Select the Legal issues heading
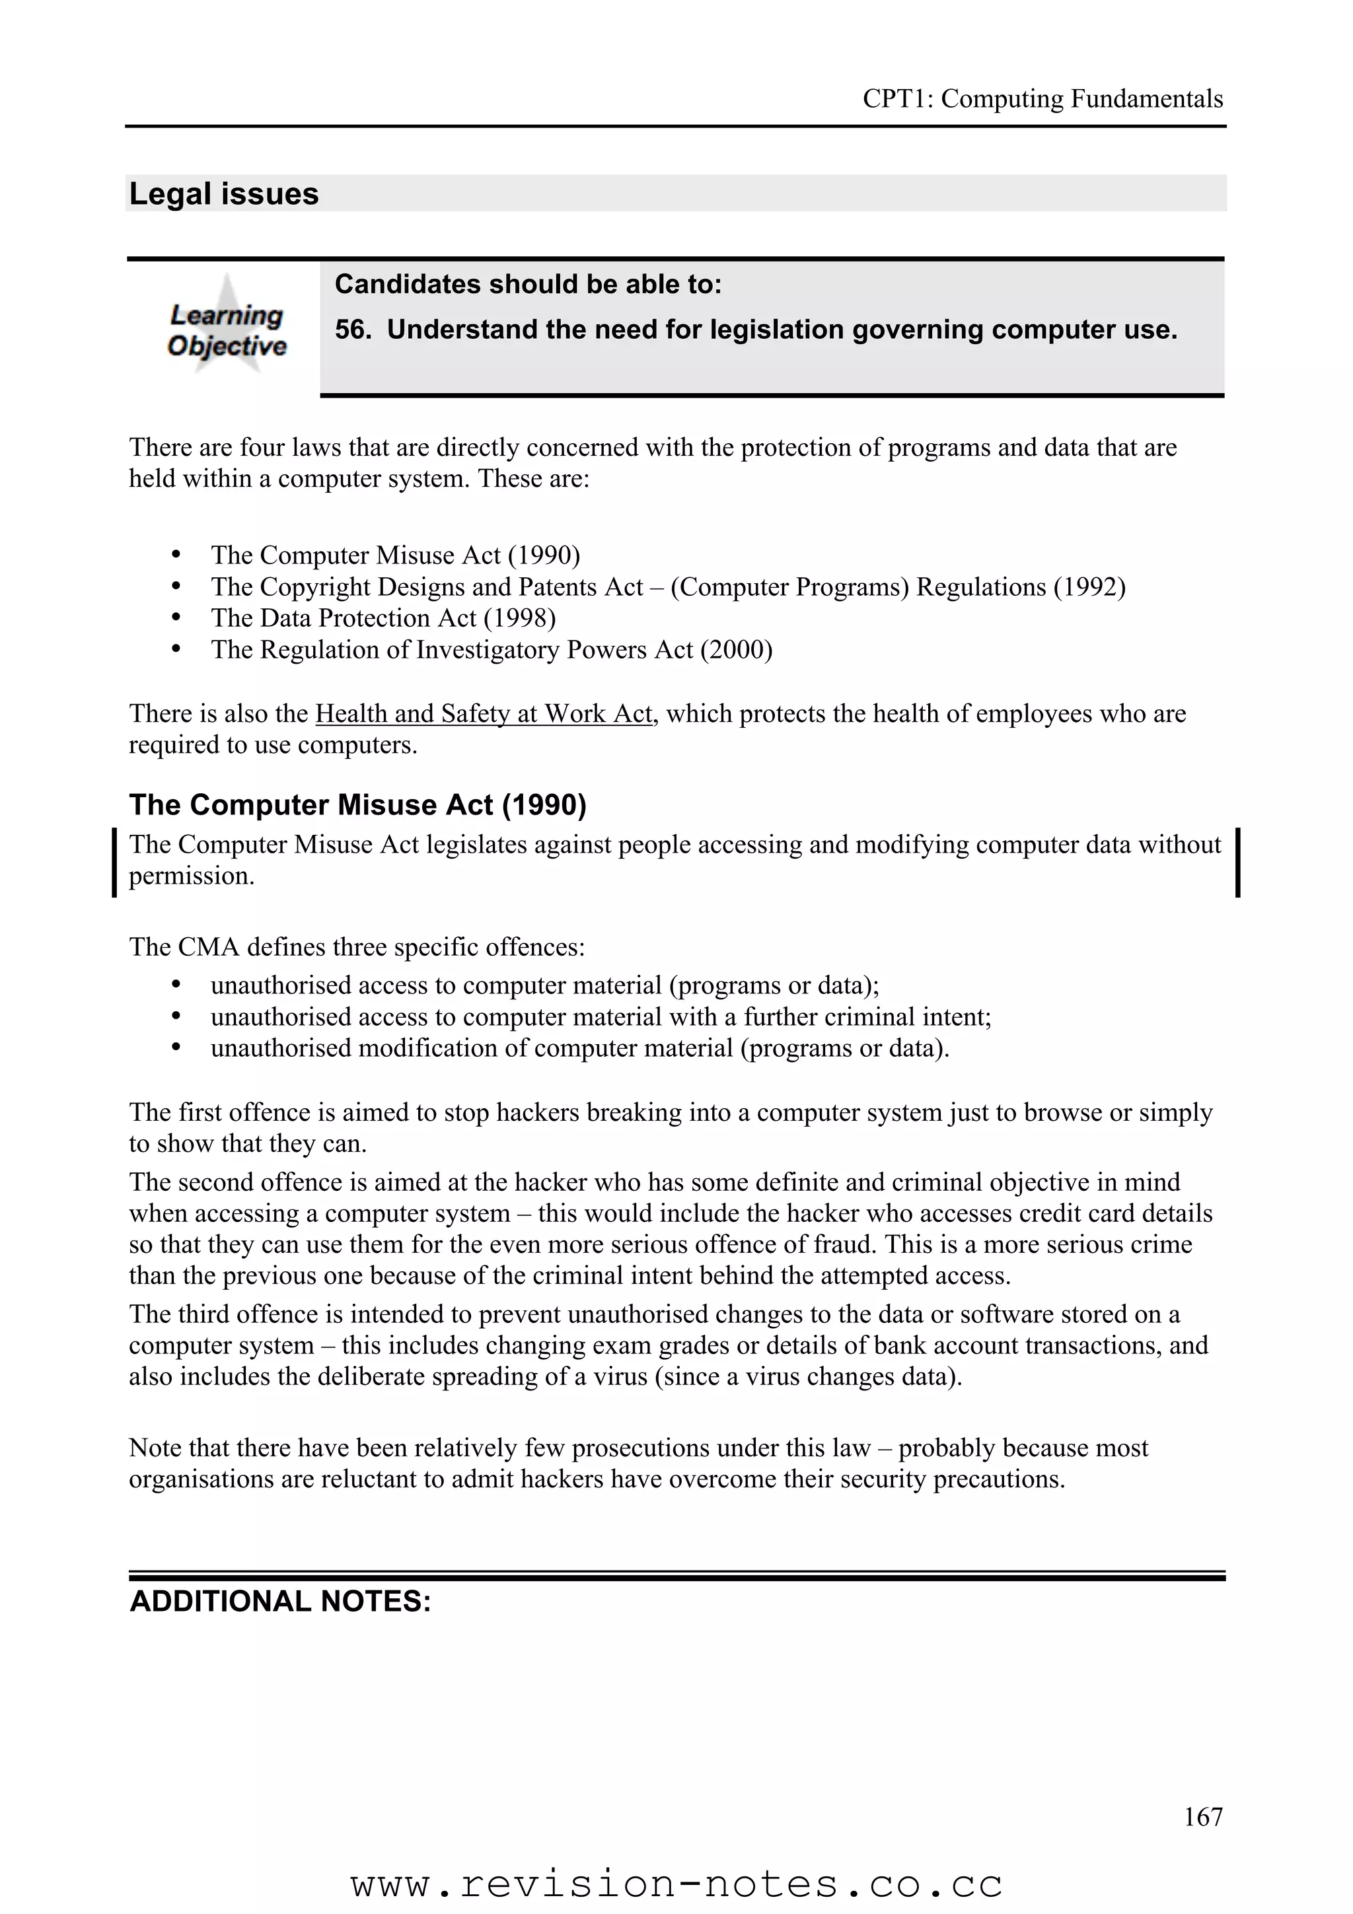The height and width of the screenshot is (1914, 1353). pyautogui.click(x=223, y=194)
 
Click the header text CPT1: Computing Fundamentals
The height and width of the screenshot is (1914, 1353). pyautogui.click(x=1042, y=99)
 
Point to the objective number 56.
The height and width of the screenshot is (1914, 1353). pyautogui.click(x=352, y=330)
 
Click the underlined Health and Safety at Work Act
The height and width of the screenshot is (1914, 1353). pyautogui.click(x=484, y=713)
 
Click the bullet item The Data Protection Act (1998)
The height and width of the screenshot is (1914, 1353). pyautogui.click(x=383, y=618)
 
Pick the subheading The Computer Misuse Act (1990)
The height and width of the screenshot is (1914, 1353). pyautogui.click(x=357, y=804)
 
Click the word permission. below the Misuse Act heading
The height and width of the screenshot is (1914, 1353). pyautogui.click(x=191, y=876)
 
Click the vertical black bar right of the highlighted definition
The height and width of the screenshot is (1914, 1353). pyautogui.click(x=1237, y=861)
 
